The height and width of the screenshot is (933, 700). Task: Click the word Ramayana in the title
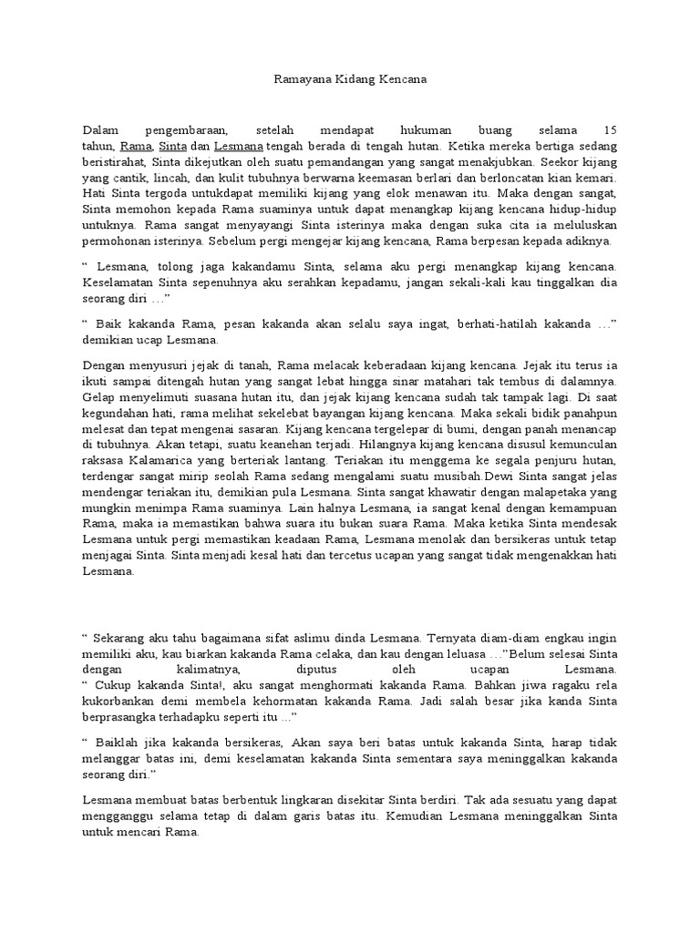(x=302, y=80)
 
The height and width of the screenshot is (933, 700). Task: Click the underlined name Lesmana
(x=239, y=146)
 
